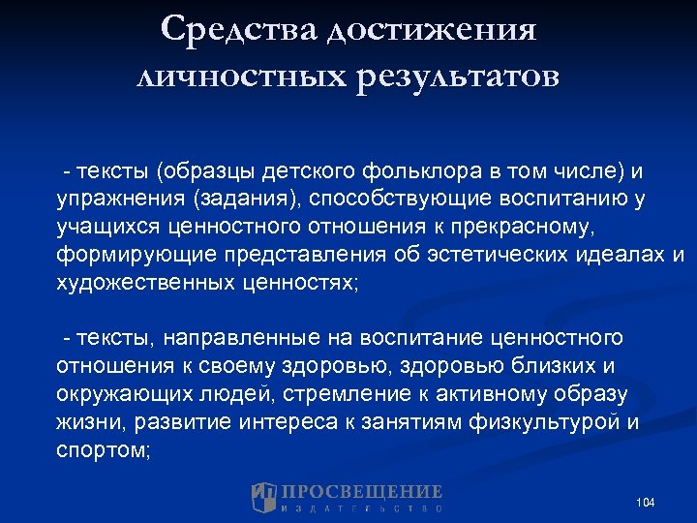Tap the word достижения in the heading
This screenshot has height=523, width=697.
[431, 29]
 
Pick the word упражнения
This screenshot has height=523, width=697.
[120, 200]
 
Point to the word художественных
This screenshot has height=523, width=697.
[144, 284]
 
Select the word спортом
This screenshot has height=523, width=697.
[103, 450]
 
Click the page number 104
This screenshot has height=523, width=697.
[646, 503]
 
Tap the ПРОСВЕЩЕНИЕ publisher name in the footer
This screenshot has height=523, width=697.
[362, 492]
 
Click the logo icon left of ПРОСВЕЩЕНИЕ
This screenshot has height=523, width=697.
[264, 497]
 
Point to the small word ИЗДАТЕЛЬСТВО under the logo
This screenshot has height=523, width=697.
[362, 508]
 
